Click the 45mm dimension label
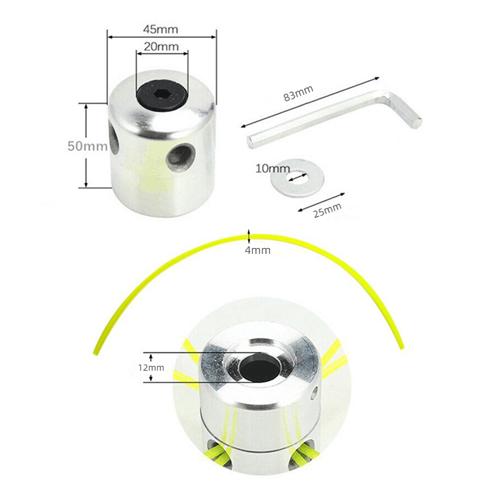point(161,29)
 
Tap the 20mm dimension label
point(162,47)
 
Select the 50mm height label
point(88,146)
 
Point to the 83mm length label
point(298,94)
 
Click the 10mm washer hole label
point(272,168)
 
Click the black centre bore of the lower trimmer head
point(260,368)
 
